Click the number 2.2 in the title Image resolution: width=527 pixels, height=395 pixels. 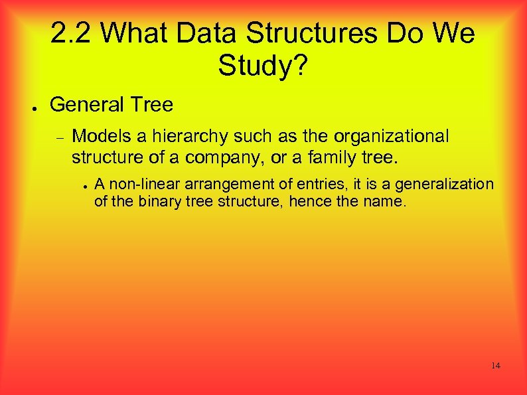(x=69, y=33)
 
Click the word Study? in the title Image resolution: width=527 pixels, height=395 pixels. (x=263, y=65)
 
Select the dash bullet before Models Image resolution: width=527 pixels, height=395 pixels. (x=58, y=139)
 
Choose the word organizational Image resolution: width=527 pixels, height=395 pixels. (x=392, y=137)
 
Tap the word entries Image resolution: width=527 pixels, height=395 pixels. (x=295, y=184)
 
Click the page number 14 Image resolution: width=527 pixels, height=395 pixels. (x=496, y=366)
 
